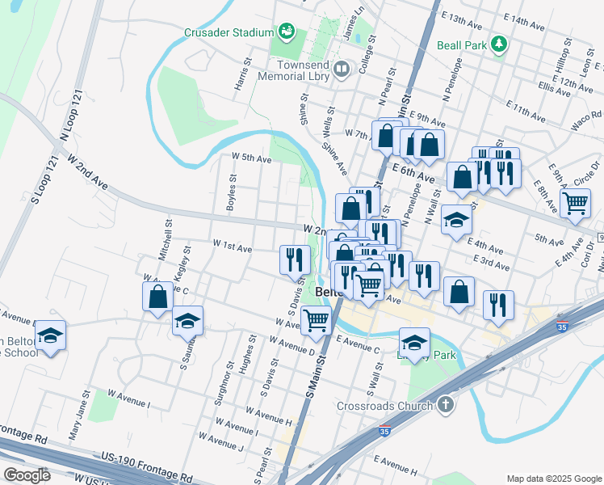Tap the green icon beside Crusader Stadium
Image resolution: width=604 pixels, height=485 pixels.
click(285, 32)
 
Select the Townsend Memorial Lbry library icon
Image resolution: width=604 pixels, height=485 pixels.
click(342, 70)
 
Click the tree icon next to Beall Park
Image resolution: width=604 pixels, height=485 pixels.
click(500, 44)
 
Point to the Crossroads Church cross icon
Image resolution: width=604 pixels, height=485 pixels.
click(445, 405)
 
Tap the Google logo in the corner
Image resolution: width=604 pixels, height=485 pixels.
click(26, 475)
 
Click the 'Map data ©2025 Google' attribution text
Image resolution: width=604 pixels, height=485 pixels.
click(553, 479)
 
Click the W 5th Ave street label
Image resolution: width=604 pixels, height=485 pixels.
click(251, 158)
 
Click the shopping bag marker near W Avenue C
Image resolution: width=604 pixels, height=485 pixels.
click(158, 296)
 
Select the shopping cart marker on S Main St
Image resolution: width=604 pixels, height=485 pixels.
click(316, 320)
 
